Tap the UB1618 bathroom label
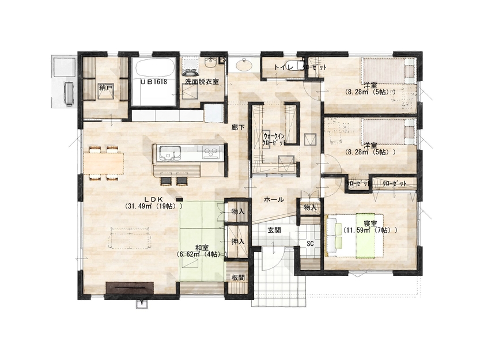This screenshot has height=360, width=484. (154, 82)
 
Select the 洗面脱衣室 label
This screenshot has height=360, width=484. (201, 82)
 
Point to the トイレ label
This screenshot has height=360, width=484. (283, 67)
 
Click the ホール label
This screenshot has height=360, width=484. (273, 199)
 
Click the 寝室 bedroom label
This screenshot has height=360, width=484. (370, 223)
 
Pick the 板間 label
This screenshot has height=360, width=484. (238, 277)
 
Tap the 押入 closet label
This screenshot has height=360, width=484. (238, 241)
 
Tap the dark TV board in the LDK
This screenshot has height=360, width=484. (129, 287)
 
